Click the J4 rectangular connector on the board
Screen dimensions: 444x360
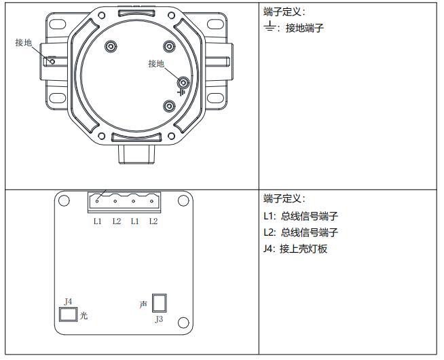pos(68,314)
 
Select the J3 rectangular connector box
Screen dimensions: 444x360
pos(159,303)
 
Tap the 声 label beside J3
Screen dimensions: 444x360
pos(143,304)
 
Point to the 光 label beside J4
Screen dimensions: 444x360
pos(84,315)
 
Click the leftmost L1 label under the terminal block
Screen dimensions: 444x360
pos(97,221)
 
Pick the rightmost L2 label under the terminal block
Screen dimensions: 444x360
pos(153,221)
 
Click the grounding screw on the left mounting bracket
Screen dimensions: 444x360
pos(52,61)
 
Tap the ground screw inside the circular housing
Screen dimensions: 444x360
pos(183,83)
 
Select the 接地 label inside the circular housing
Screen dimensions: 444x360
pos(156,63)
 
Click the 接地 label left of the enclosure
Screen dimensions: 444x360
pos(24,43)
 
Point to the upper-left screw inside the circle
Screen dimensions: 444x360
pos(111,46)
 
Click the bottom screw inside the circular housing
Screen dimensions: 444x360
pos(169,107)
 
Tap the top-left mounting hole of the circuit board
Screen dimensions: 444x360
pos(64,200)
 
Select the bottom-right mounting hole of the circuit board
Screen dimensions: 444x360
pos(183,323)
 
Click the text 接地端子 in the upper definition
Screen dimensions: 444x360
pos(305,28)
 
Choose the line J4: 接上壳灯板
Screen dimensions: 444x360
pos(295,249)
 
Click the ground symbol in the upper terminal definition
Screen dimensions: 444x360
pos(270,26)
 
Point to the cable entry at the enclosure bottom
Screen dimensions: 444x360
pos(136,154)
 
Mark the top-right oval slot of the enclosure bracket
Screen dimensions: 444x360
pos(215,24)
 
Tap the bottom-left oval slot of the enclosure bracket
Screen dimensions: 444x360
pos(58,98)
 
